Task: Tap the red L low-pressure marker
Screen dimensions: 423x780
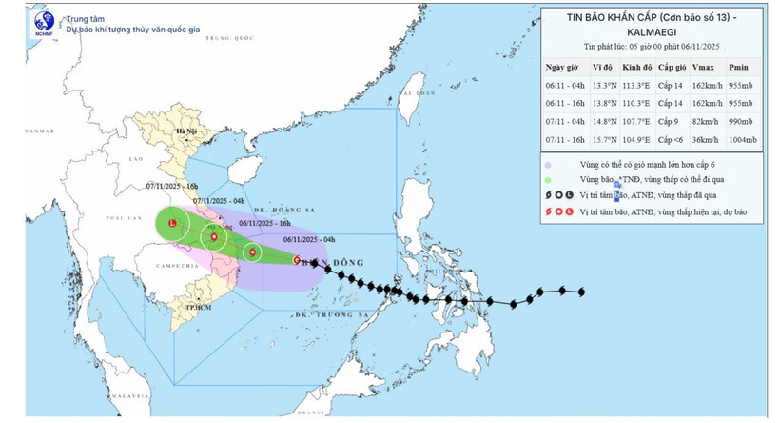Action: point(171,223)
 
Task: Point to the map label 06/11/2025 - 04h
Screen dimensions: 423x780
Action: point(309,240)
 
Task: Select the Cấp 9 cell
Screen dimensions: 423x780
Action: point(668,121)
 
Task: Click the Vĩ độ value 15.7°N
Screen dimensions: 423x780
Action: point(602,140)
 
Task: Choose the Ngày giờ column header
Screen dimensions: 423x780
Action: point(561,66)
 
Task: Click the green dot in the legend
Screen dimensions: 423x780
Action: point(550,179)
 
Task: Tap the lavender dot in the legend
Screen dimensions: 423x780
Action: point(550,164)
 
